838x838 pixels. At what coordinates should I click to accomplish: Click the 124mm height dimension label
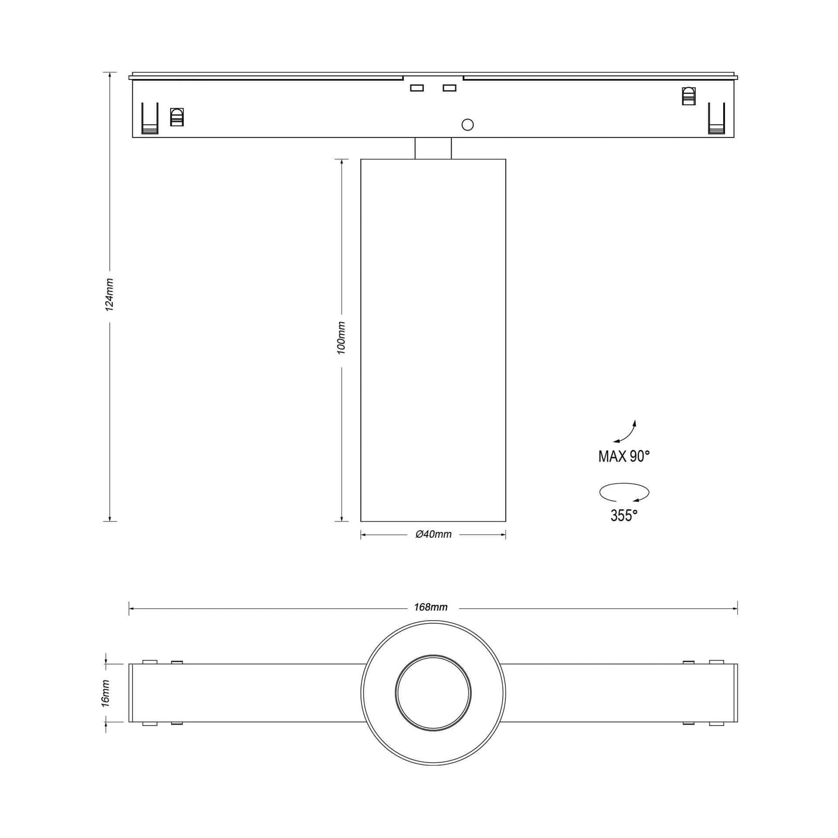point(110,295)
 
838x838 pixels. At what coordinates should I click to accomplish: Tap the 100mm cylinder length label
point(342,338)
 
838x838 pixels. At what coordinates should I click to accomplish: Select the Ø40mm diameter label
point(433,535)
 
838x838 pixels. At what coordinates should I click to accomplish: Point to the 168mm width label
point(430,607)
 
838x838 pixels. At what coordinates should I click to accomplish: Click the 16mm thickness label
point(106,694)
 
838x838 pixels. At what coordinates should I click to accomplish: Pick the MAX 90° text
point(624,456)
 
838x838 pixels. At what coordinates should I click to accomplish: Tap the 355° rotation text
point(624,515)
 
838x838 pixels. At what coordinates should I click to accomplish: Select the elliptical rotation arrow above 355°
point(624,492)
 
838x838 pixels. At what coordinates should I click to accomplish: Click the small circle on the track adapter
point(468,125)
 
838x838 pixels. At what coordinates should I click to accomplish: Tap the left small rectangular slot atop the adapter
point(417,88)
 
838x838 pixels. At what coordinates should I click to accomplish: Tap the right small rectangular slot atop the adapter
point(449,88)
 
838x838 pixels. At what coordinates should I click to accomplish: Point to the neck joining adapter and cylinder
point(433,148)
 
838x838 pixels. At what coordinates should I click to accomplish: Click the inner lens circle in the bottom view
point(433,693)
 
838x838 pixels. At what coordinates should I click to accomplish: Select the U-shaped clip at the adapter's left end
point(150,119)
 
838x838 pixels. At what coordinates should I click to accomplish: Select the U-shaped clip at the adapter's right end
point(716,119)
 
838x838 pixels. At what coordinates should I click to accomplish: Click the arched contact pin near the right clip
point(688,96)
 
